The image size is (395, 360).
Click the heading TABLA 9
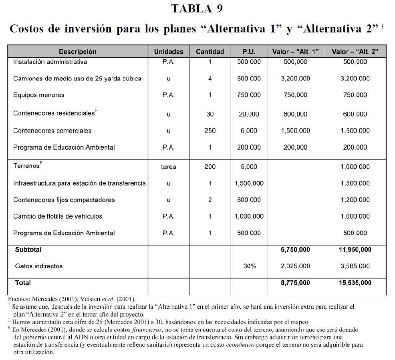(197, 8)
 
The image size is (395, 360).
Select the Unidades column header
(169, 52)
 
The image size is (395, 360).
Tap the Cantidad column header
(210, 52)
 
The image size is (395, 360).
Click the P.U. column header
(249, 52)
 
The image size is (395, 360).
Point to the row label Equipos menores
(38, 95)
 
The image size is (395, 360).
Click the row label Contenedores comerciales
(52, 131)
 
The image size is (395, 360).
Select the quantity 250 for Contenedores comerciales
(210, 131)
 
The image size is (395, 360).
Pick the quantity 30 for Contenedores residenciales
(210, 114)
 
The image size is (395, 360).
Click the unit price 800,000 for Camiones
(249, 78)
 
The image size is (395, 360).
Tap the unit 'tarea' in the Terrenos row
(169, 167)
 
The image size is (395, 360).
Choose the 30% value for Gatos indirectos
(249, 266)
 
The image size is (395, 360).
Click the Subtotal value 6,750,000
(295, 249)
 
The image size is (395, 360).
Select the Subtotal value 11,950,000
(355, 249)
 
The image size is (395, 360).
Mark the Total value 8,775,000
(295, 283)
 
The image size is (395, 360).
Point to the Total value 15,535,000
(355, 283)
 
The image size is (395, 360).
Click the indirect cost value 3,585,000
(355, 266)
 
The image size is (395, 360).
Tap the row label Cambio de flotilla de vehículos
(58, 216)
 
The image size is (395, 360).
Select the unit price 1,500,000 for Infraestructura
(249, 183)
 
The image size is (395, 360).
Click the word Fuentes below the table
(18, 299)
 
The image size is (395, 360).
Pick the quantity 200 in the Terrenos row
(210, 167)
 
